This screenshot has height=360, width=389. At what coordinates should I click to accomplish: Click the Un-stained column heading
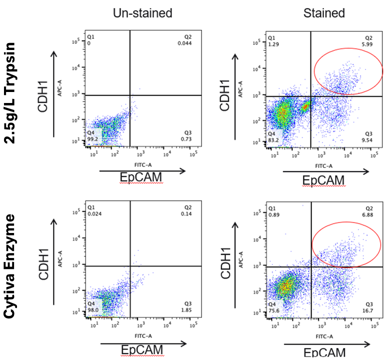click(142, 13)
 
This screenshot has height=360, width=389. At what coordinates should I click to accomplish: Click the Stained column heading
click(324, 13)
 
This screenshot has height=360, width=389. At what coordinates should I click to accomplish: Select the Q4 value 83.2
click(272, 141)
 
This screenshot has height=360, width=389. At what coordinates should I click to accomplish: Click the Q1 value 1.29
click(272, 44)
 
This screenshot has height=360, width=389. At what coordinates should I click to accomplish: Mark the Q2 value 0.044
click(185, 44)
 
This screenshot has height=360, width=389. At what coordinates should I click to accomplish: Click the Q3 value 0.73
click(185, 137)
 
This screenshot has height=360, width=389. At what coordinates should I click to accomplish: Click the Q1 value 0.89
click(272, 215)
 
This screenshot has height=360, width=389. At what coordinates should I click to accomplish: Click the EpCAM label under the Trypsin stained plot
click(324, 179)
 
